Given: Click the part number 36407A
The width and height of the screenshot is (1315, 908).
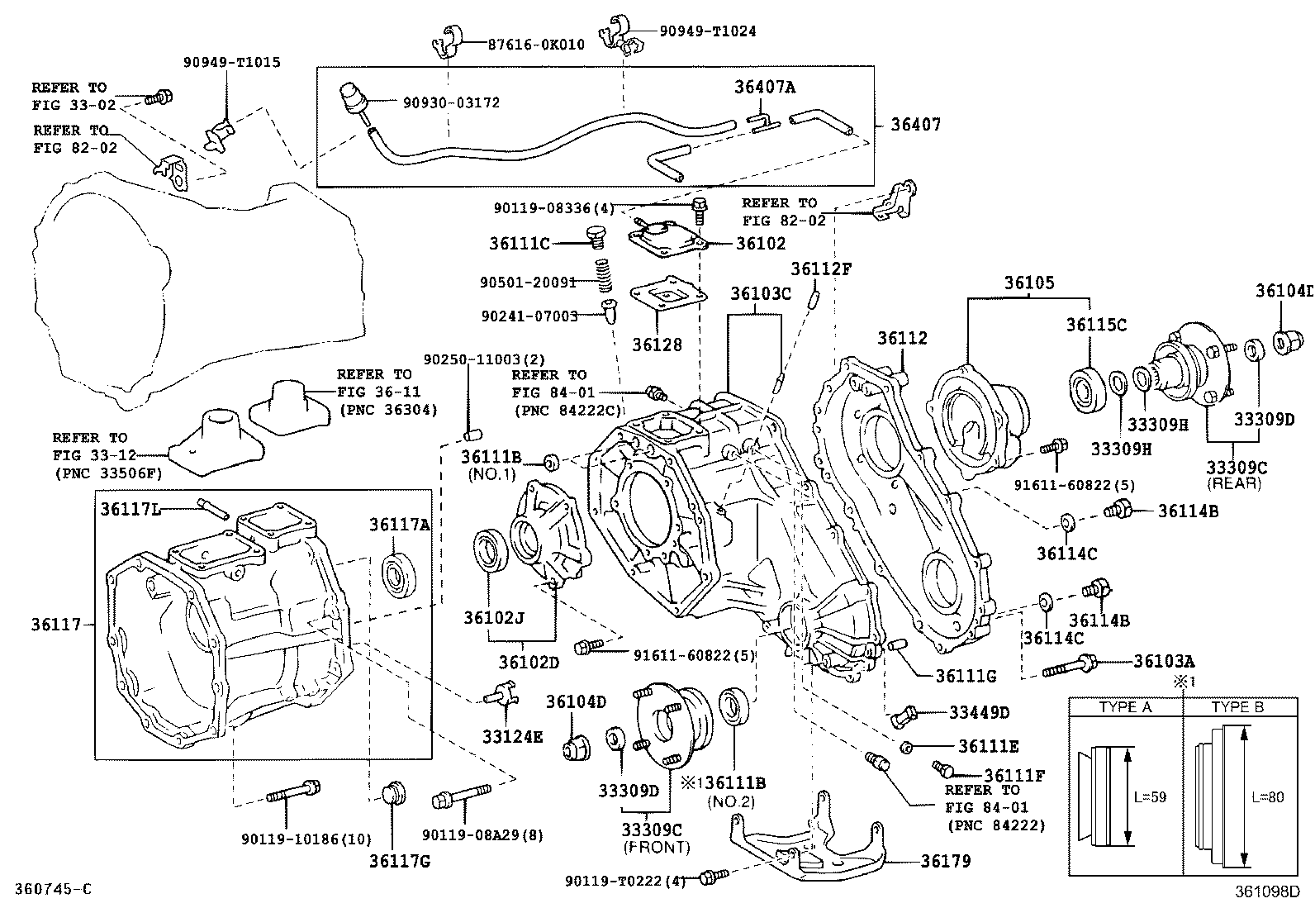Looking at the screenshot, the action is pos(765,88).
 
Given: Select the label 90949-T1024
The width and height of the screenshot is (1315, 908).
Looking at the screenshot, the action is pos(707,31).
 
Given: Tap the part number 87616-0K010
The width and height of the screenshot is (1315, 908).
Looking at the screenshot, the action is pos(536,45).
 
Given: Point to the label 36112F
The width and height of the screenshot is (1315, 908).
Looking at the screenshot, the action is pos(821,269).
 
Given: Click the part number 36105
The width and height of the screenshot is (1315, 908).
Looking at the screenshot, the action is pos(1029,283).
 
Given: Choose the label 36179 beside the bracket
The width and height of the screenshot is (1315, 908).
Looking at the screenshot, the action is pos(946,861).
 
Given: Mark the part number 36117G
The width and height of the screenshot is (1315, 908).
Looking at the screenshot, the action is pos(400,861).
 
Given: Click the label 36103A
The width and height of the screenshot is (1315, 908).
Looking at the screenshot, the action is pos(1164,661).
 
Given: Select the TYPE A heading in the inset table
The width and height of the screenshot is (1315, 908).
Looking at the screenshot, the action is pos(1125,707).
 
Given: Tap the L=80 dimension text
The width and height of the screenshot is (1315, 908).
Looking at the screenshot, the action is pos(1267,797).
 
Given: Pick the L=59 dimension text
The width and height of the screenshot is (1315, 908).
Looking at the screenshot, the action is pos(1150,797).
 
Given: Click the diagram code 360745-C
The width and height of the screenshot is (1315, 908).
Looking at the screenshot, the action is pos(54,889).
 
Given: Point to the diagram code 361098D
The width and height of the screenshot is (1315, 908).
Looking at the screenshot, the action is pos(1267,891).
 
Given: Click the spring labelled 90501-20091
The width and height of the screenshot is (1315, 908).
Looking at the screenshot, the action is pos(604,275).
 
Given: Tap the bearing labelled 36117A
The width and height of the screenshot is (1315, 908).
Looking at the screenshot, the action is pos(399,575).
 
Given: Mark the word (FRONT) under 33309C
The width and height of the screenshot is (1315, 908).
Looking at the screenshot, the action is pos(657,847).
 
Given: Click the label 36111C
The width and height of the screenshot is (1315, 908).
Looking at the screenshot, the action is pos(520,243).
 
